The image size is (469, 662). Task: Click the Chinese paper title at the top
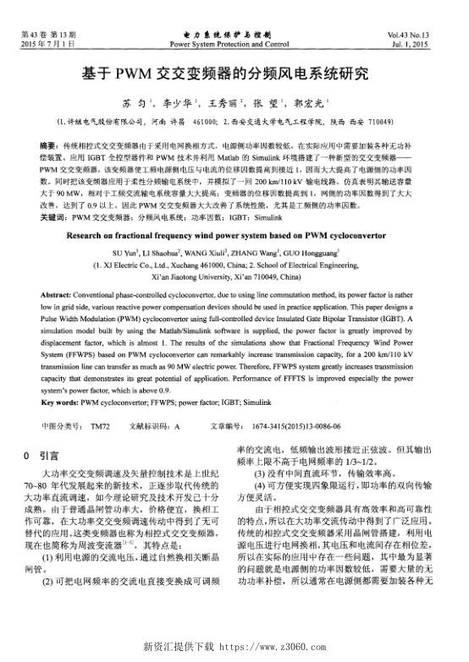point(234,74)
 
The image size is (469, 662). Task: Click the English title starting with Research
point(234,238)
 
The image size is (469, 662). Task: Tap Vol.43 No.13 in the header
point(428,33)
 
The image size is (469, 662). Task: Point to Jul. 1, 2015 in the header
point(430,41)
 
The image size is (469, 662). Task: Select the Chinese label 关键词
point(52,218)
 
